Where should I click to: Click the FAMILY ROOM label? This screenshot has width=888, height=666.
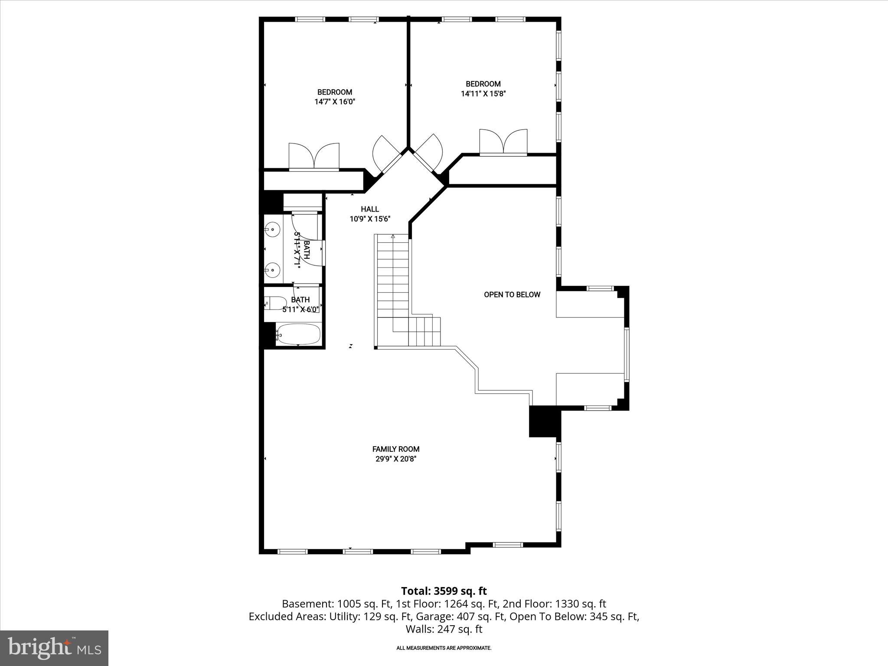pyautogui.click(x=396, y=449)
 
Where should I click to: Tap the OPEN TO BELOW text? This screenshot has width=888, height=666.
pyautogui.click(x=512, y=295)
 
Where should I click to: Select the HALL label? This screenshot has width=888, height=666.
pyautogui.click(x=370, y=209)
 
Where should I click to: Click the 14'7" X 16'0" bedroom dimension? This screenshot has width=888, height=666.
pyautogui.click(x=335, y=102)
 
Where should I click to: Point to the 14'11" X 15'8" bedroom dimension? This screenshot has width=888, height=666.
pyautogui.click(x=483, y=94)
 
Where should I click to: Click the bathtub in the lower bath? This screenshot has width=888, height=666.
pyautogui.click(x=298, y=334)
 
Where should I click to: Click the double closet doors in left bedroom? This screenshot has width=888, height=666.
pyautogui.click(x=314, y=157)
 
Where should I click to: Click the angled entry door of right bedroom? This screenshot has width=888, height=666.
pyautogui.click(x=430, y=156)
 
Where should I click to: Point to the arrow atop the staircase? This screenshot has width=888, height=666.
pyautogui.click(x=393, y=237)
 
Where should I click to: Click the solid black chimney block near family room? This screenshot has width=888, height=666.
pyautogui.click(x=545, y=421)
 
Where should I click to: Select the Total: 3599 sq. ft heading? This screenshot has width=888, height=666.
pyautogui.click(x=444, y=591)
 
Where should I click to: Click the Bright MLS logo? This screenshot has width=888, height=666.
pyautogui.click(x=54, y=648)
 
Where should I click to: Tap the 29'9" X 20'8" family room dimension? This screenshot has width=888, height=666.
pyautogui.click(x=396, y=459)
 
